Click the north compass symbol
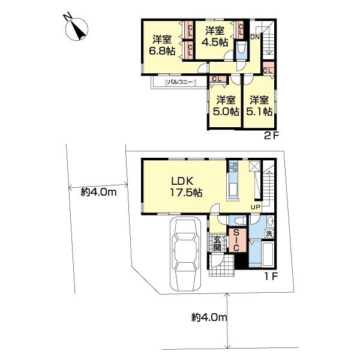point(77,29)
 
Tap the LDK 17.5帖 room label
point(186,187)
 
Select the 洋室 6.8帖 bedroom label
point(163,45)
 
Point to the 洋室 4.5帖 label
point(215,36)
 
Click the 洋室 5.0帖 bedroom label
point(226,106)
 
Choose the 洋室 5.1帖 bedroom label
point(259,106)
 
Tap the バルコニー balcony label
point(180,82)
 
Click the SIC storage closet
point(236,240)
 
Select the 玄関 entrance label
point(217,244)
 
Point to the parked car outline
point(185,254)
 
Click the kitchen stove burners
point(234,167)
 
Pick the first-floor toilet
point(238,221)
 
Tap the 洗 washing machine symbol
point(269,234)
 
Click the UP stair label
point(256,208)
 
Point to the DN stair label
point(254,37)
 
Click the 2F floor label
point(271,136)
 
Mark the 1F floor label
point(272,276)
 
